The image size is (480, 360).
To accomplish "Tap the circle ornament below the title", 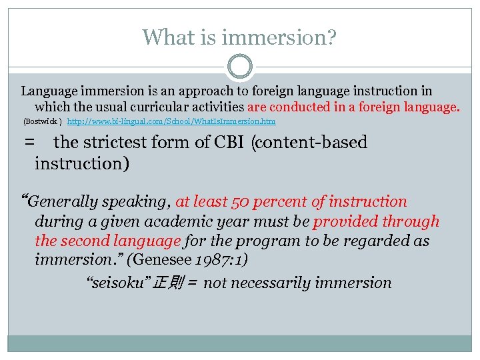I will point(240,67).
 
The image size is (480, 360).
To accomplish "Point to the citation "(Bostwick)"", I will point(43,122).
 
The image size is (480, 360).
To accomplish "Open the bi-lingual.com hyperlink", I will point(171,122).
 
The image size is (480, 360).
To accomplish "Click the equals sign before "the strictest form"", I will point(29,142).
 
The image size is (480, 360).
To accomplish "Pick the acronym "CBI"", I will point(229,142).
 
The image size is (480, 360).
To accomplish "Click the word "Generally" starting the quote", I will point(63,201).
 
